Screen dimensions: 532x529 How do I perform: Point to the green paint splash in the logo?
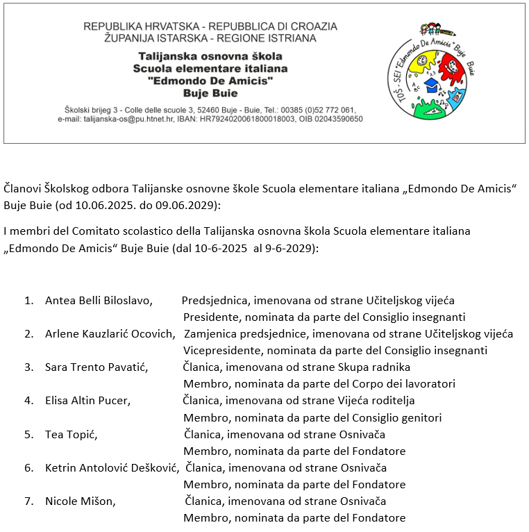click(425, 104)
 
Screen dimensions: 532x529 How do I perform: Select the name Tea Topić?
click(70, 435)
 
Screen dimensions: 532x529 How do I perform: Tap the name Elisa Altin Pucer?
click(87, 400)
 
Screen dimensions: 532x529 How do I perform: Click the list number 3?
click(28, 367)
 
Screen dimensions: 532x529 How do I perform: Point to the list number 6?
click(28, 467)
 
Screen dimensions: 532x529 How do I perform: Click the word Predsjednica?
click(215, 301)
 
